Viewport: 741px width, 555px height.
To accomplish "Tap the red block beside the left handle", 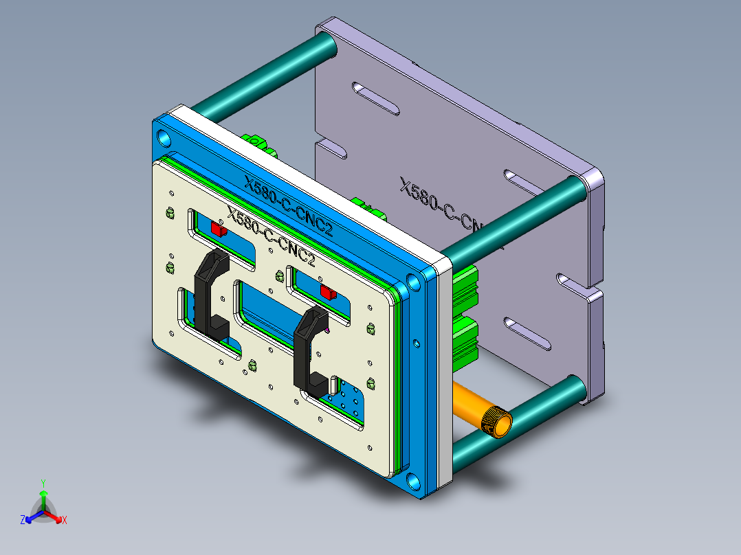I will click(218, 229).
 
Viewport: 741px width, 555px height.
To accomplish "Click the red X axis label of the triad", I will click(65, 521).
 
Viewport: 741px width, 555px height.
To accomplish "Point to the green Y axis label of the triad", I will click(43, 483).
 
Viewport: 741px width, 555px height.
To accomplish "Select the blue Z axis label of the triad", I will click(23, 521).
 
